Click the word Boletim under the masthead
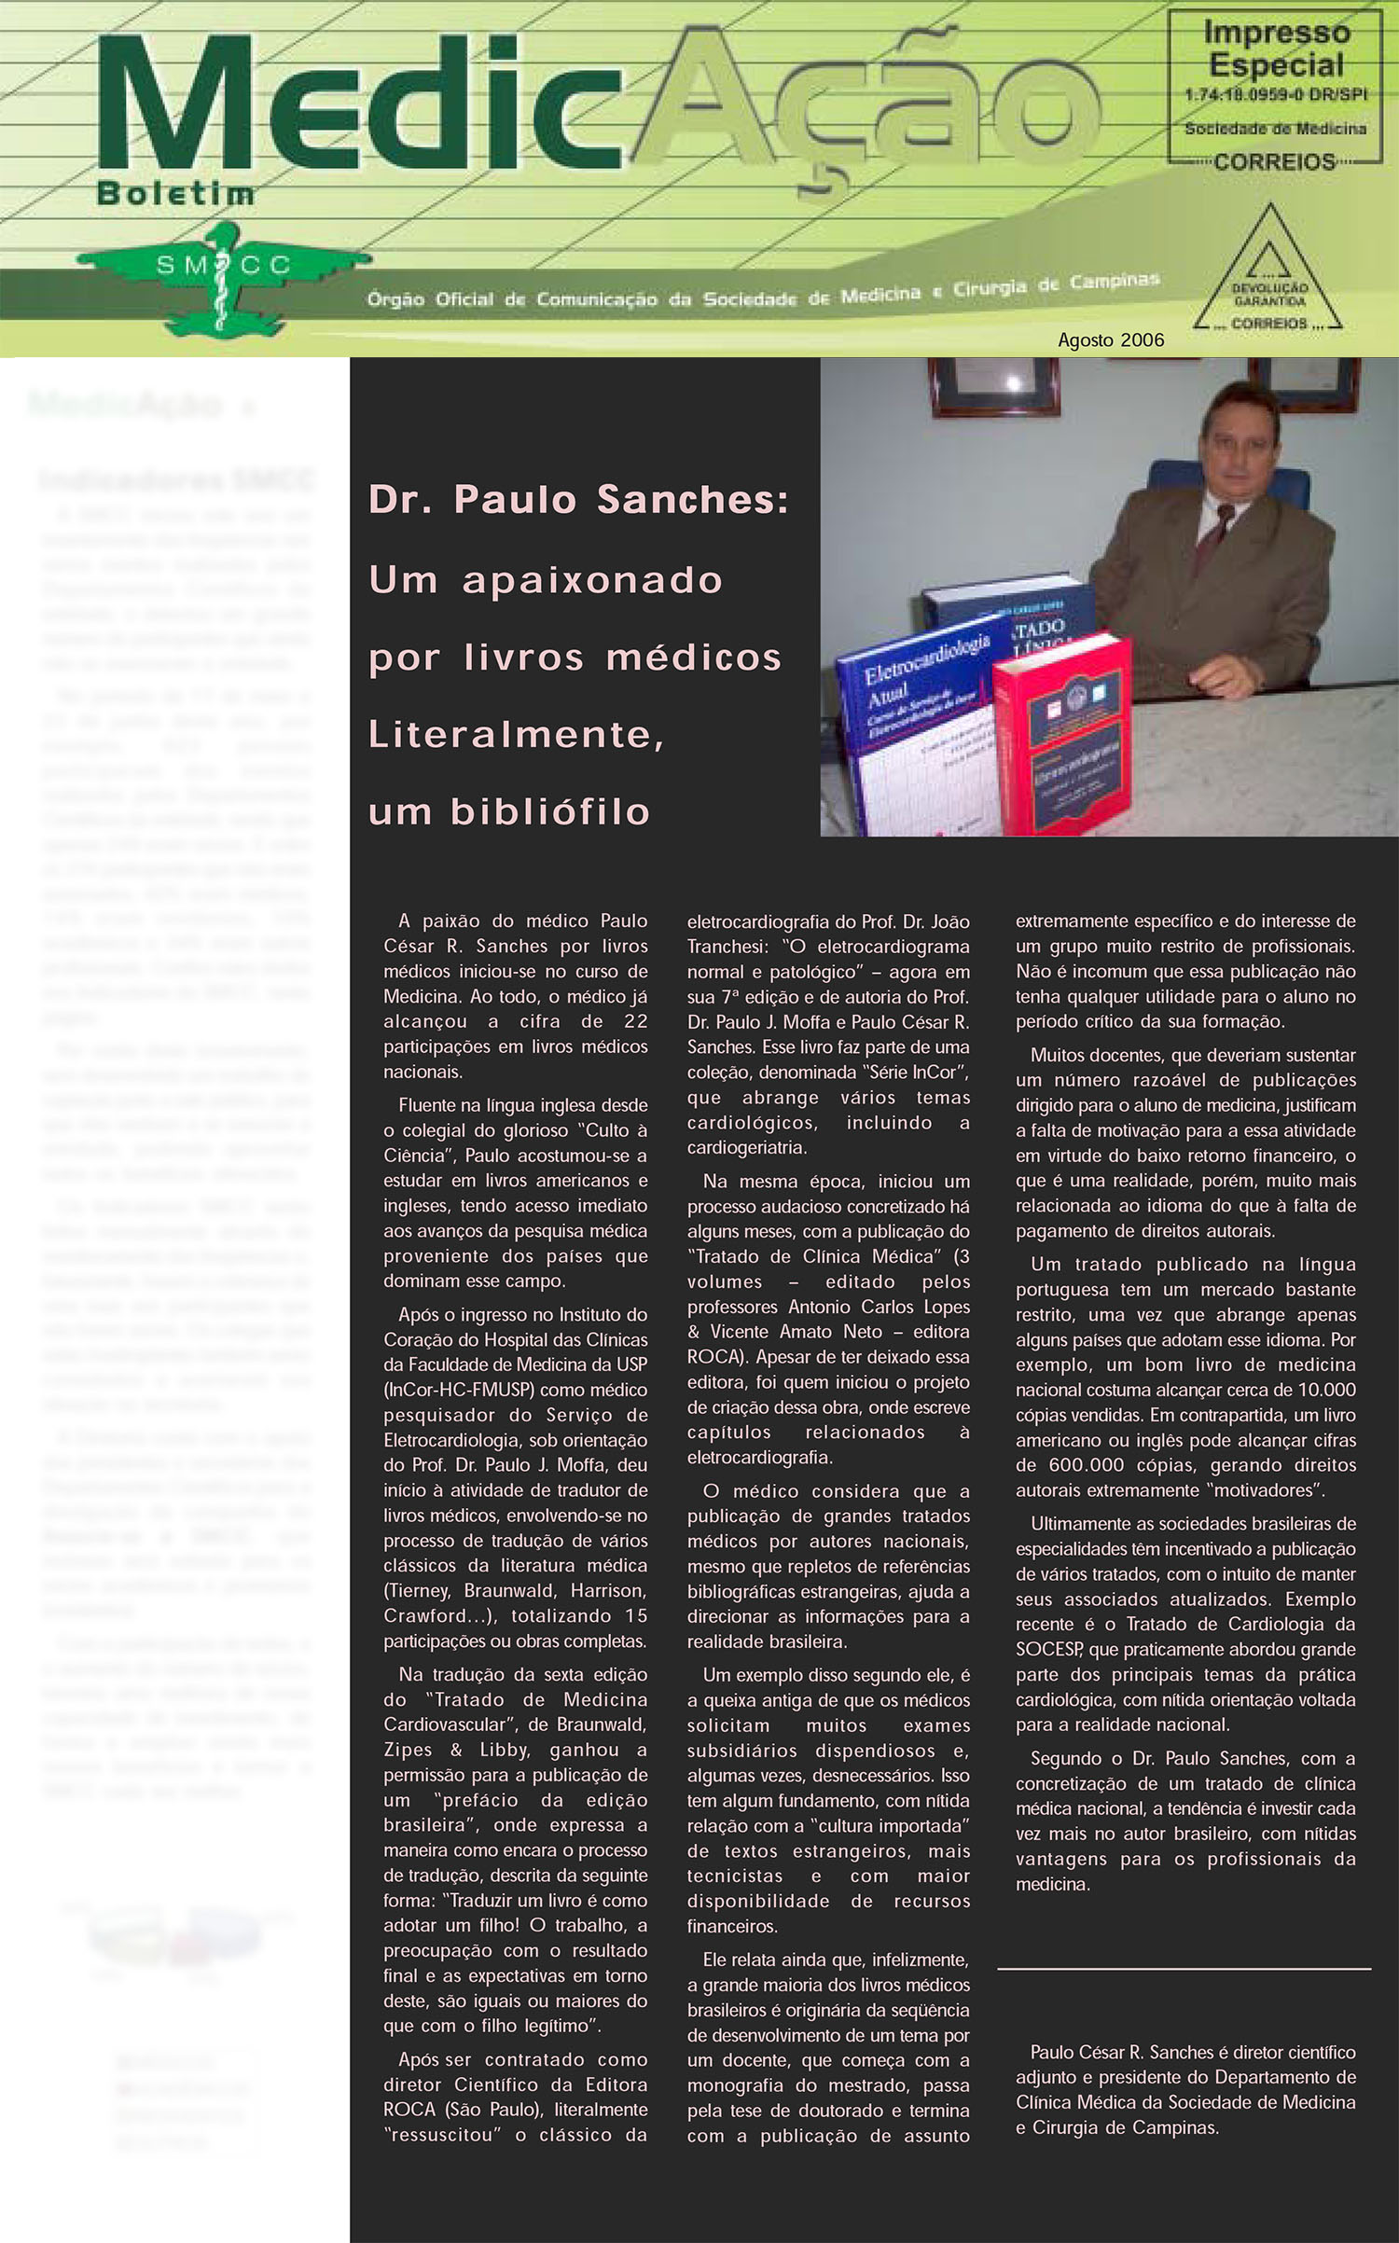tap(175, 193)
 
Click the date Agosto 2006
tap(1111, 340)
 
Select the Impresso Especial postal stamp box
tap(1275, 90)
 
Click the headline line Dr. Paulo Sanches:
tap(579, 500)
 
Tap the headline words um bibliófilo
tap(509, 811)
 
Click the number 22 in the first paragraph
tap(635, 1021)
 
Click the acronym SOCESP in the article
tap(1049, 1650)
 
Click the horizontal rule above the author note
tap(1184, 1969)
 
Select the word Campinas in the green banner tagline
tap(1115, 282)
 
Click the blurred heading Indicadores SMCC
tap(177, 480)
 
